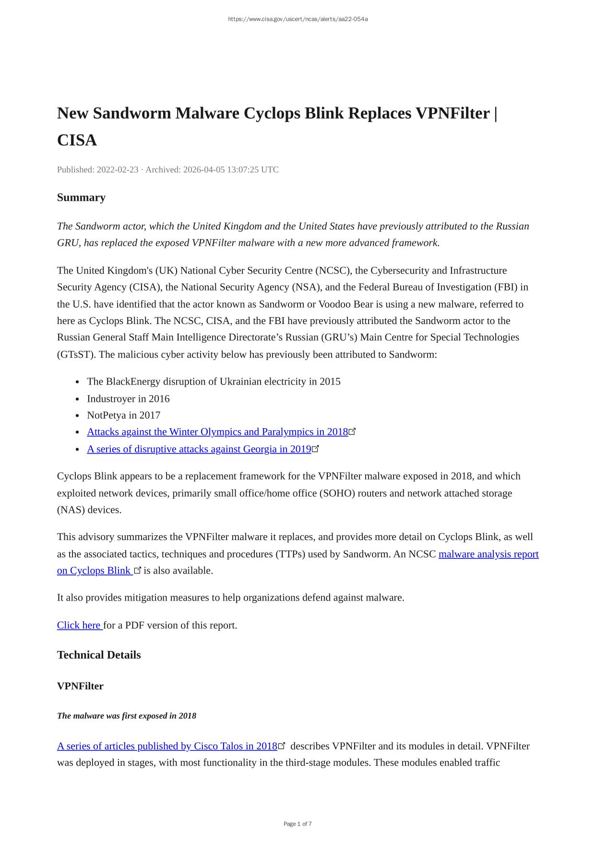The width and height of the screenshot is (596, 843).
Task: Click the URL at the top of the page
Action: coord(298,19)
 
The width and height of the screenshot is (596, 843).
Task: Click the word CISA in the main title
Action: coord(77,140)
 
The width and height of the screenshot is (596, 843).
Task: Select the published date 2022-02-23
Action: coord(117,169)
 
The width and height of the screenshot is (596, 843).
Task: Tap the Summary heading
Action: coord(81,197)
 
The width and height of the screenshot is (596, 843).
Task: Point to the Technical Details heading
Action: coord(99,655)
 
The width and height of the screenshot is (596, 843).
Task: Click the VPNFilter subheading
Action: coord(80,686)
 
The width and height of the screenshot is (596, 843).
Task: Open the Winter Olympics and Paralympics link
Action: coord(217,432)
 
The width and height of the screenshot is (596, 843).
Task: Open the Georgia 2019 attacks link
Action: coord(199,449)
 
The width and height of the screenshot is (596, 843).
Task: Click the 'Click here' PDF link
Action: coord(79,625)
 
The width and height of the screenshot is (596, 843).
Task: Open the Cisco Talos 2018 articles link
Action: coord(167,746)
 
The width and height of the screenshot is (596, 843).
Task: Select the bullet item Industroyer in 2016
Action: coord(128,398)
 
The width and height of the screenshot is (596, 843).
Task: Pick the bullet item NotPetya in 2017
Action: coord(123,415)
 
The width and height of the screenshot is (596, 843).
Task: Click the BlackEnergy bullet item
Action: coord(214,382)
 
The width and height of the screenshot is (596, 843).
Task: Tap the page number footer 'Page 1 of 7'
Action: coord(298,824)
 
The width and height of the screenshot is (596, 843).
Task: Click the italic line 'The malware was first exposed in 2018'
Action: coord(127,716)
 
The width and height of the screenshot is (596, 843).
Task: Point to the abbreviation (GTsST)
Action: coord(72,354)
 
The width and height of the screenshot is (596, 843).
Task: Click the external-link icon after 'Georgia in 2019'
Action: coord(315,449)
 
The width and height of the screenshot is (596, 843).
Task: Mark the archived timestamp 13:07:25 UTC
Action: coord(253,169)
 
